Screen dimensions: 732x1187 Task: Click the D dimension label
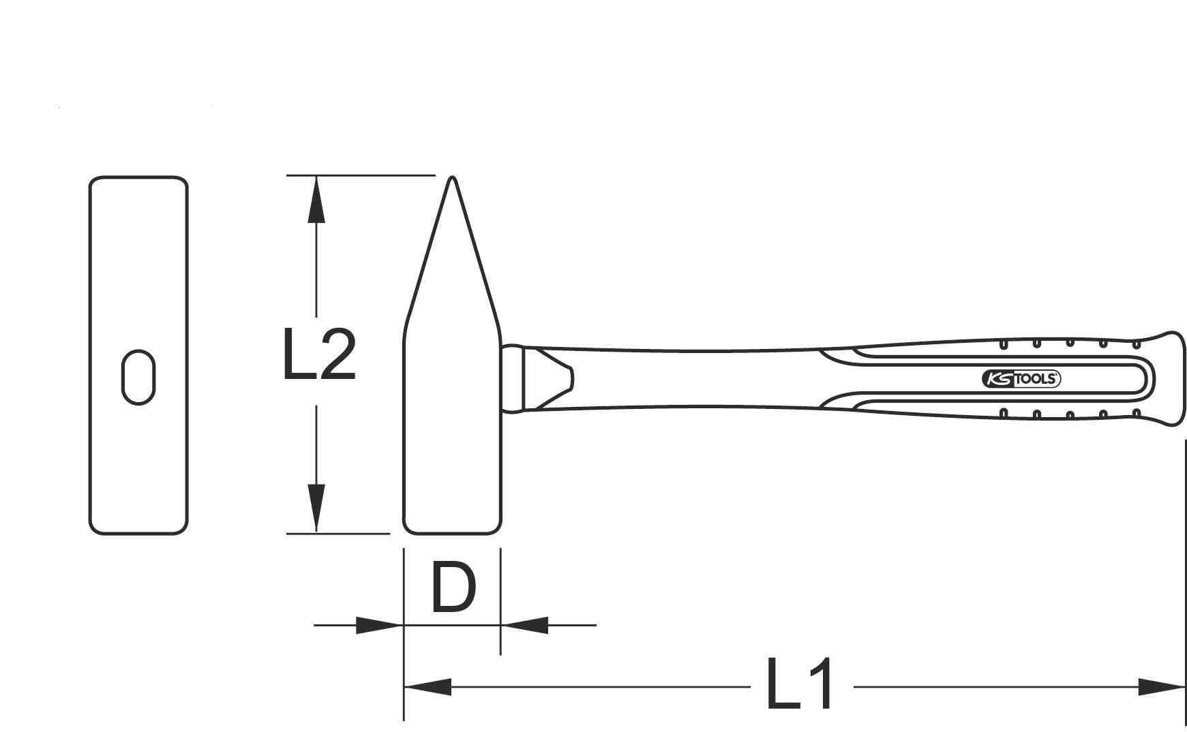(x=453, y=588)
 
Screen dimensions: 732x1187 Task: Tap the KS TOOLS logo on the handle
(x=1021, y=380)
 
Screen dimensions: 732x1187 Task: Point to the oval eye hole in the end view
(x=138, y=378)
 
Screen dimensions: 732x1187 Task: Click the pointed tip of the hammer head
(x=451, y=180)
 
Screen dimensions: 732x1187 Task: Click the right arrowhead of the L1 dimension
(x=1162, y=687)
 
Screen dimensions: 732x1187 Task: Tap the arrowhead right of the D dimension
(x=525, y=625)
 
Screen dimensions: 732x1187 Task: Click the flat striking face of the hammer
(x=453, y=531)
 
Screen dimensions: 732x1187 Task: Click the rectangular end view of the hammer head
(x=138, y=273)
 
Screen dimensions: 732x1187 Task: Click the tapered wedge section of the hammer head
(x=452, y=273)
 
